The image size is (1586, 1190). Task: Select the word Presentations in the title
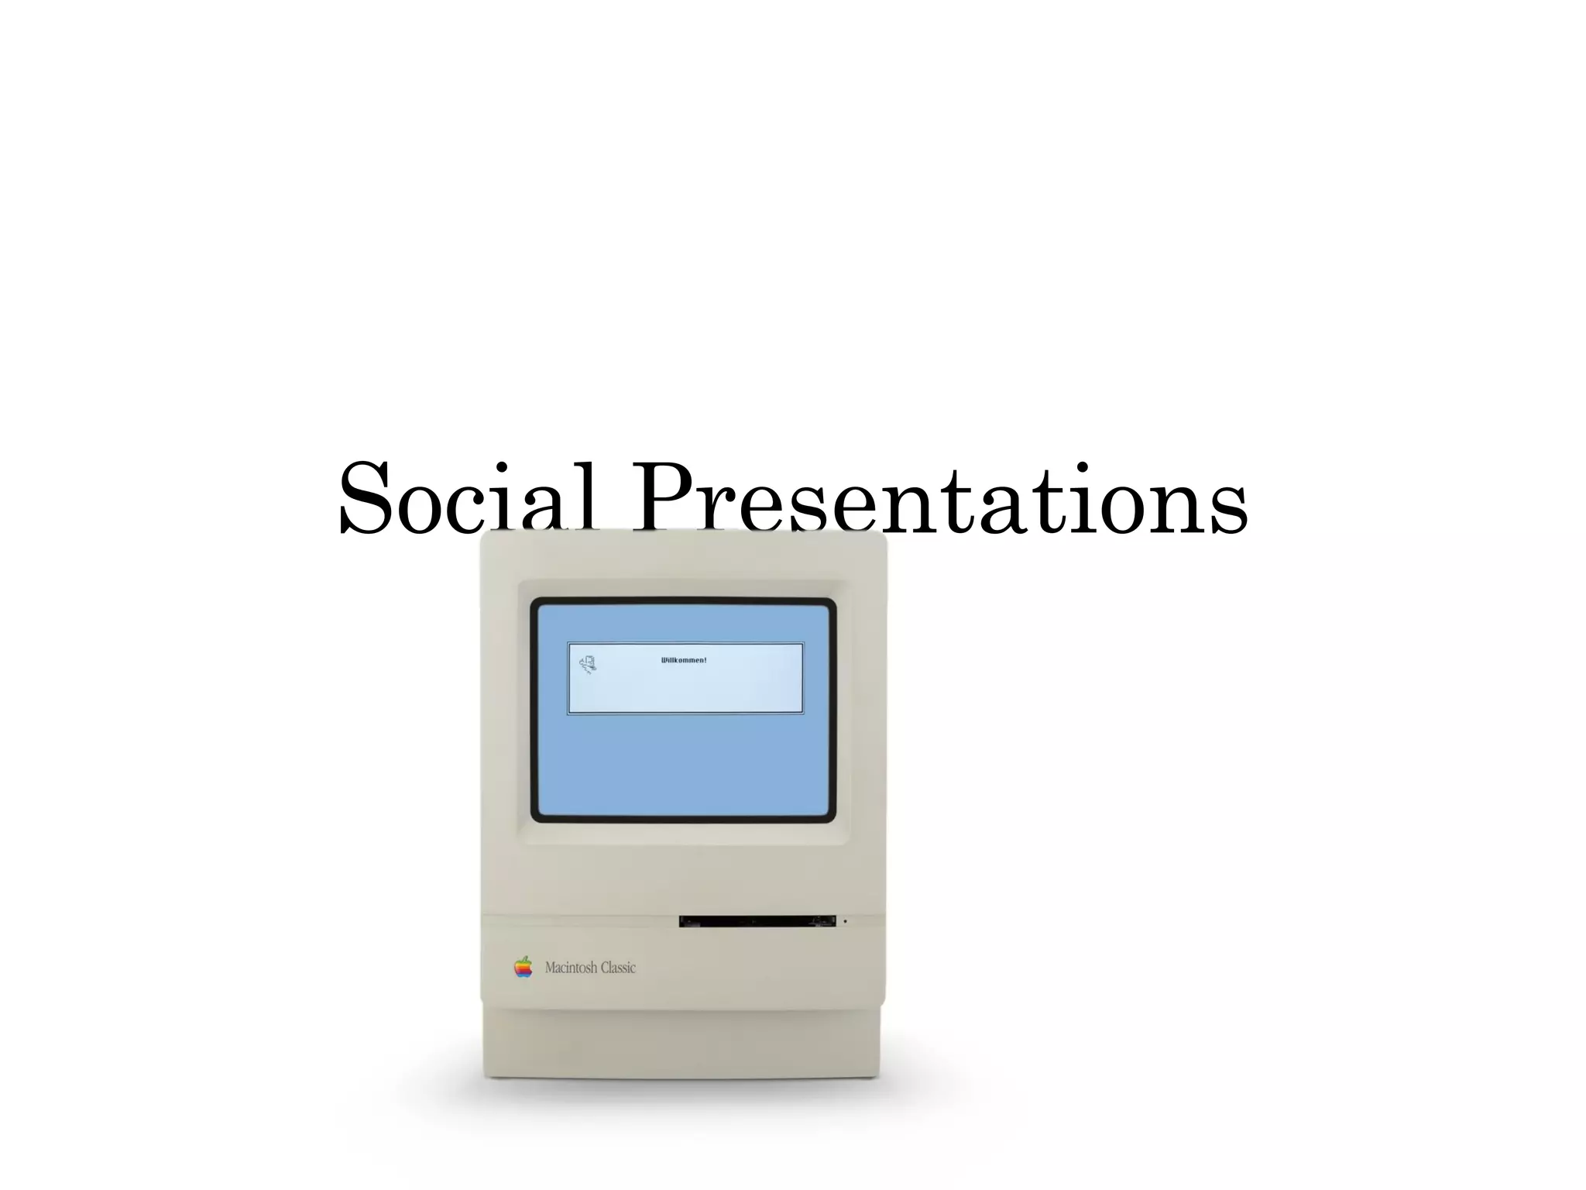[x=940, y=499]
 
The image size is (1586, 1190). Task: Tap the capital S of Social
[x=366, y=499]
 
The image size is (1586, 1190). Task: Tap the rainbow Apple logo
[x=524, y=967]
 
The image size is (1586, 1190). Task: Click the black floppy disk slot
[x=757, y=921]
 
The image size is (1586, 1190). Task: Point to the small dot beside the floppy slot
[x=845, y=921]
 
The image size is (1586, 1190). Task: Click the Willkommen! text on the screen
[x=683, y=660]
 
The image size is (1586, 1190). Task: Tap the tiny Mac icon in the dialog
[x=588, y=664]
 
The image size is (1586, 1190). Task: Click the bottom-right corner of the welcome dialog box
[x=802, y=713]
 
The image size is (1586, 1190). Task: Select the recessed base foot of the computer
[x=681, y=1042]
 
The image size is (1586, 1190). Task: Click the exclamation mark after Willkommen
[x=705, y=660]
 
